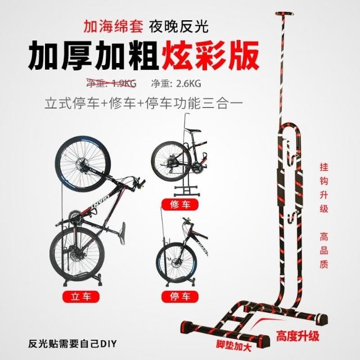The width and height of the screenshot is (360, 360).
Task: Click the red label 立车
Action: [81, 296]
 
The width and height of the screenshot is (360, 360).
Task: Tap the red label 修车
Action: [180, 204]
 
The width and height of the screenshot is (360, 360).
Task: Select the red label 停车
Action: [180, 296]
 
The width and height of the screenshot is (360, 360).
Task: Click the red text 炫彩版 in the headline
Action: [210, 56]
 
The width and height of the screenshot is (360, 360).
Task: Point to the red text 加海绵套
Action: [113, 26]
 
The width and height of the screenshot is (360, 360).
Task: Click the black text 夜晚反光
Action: [179, 26]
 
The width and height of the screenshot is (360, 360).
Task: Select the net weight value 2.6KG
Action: [188, 83]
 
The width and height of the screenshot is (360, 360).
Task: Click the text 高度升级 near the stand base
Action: [298, 336]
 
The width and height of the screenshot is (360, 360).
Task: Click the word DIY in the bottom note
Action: [108, 344]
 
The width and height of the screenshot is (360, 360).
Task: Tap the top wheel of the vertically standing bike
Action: [83, 164]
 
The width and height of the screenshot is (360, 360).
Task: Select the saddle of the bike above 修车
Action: [193, 130]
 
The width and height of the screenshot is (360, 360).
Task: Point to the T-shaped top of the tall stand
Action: [285, 14]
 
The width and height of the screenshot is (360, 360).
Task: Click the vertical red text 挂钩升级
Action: [324, 188]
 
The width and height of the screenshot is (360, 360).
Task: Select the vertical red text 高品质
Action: [324, 250]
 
